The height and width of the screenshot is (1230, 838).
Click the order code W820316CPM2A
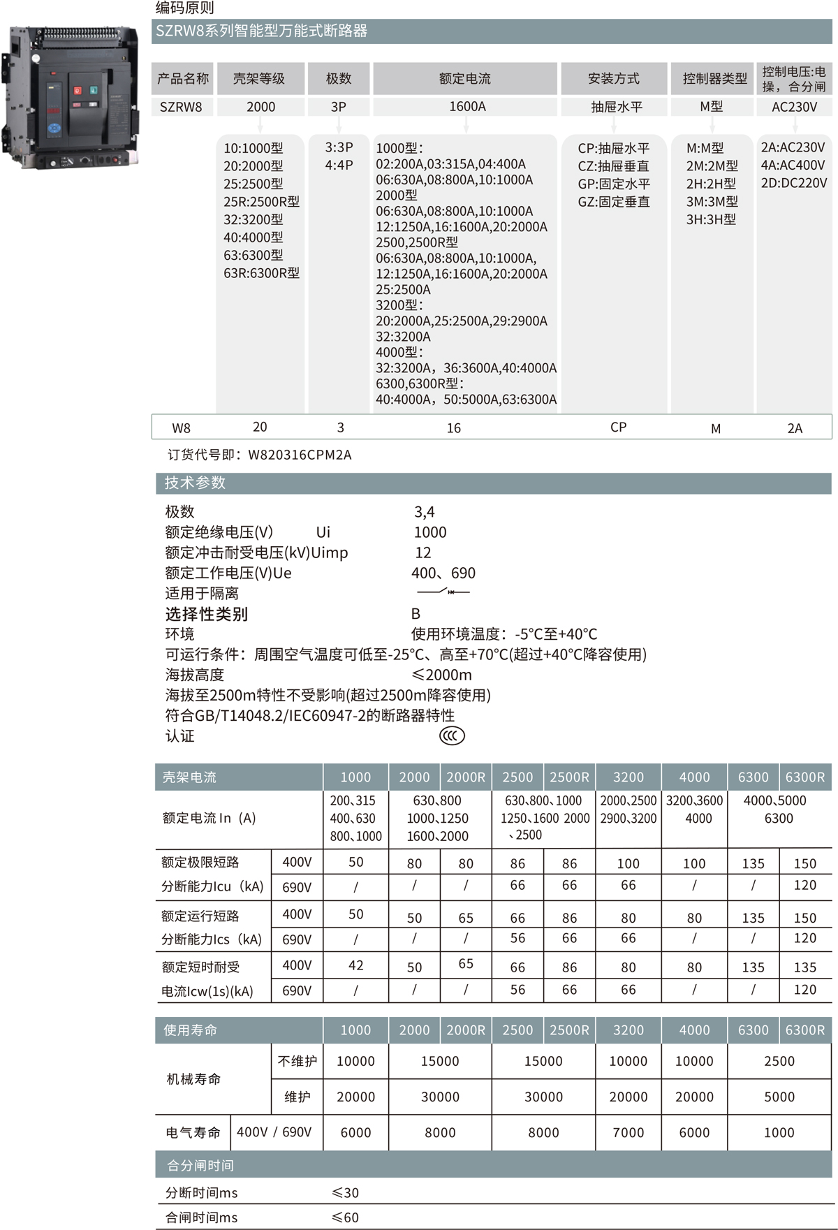click(x=300, y=455)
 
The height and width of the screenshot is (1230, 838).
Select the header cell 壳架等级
click(x=259, y=79)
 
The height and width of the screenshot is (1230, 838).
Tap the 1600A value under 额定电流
click(x=466, y=107)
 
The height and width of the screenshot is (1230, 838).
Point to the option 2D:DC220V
click(x=794, y=183)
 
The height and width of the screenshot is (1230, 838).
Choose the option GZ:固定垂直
click(x=614, y=202)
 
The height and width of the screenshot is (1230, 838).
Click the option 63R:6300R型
click(x=261, y=273)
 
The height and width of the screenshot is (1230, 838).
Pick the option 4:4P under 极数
click(x=339, y=166)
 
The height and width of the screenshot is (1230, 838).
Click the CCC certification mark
click(x=452, y=735)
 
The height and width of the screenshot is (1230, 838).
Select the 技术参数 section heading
click(x=196, y=483)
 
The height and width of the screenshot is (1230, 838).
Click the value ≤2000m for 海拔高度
click(x=441, y=675)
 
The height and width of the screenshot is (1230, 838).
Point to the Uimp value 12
click(x=423, y=552)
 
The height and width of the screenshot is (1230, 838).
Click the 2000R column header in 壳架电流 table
click(x=466, y=777)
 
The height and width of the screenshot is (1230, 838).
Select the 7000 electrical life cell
click(x=628, y=1132)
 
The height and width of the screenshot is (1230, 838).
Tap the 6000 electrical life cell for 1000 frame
click(x=355, y=1132)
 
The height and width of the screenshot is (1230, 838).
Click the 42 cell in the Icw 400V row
click(x=355, y=965)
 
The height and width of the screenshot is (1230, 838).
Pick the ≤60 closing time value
click(x=346, y=1217)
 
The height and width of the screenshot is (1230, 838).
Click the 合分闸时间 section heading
click(x=200, y=1165)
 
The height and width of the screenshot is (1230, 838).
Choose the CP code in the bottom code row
click(x=618, y=427)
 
